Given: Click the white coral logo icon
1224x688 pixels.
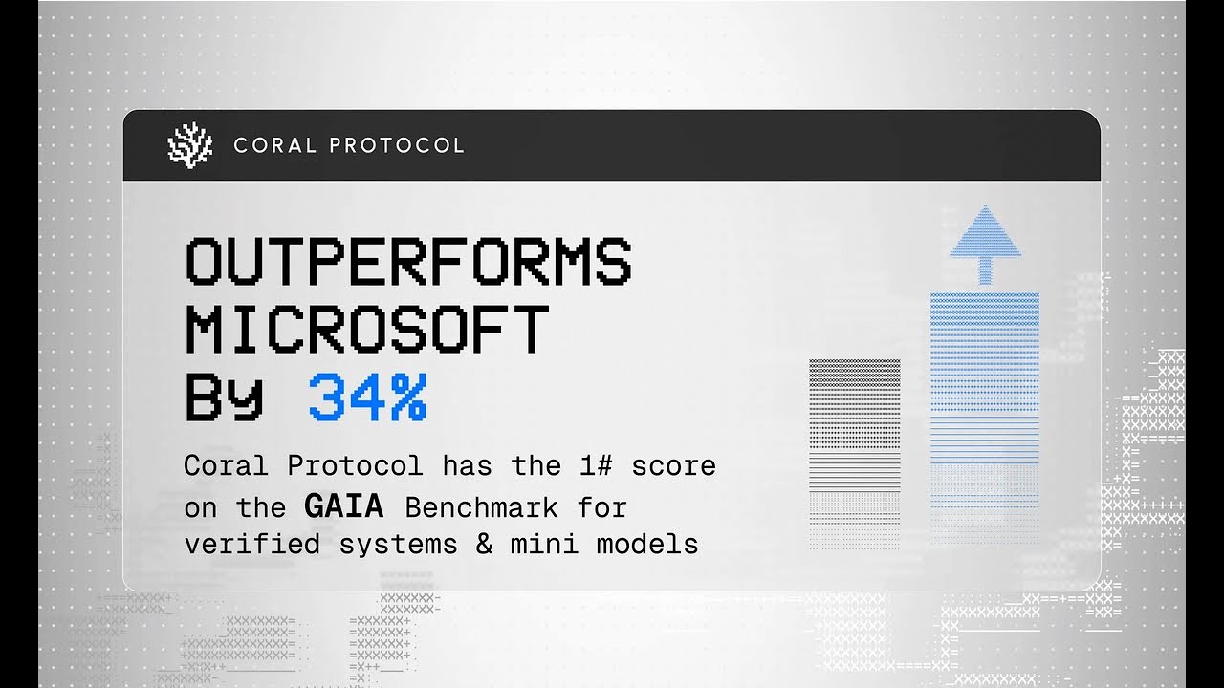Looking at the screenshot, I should tap(189, 145).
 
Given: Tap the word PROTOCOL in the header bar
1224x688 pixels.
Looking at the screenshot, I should tap(397, 145).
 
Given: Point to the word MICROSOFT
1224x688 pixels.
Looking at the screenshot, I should tap(367, 330).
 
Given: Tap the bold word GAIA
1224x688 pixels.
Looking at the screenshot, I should tap(343, 505).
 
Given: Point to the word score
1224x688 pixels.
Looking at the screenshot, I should tap(680, 466).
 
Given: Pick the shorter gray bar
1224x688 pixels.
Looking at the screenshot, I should tap(854, 449).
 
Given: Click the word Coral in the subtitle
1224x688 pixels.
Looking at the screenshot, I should tap(221, 466).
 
